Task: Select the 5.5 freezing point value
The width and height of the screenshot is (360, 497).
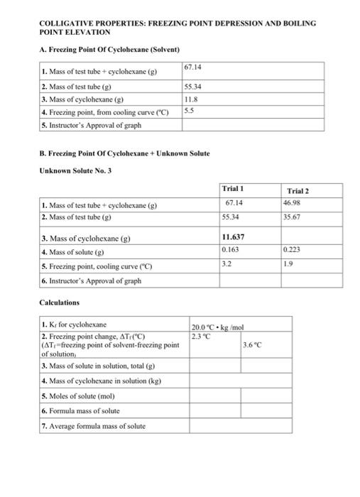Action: point(188,111)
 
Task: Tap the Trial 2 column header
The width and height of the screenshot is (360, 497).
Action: point(298,190)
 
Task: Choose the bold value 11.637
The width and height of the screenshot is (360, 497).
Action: point(234,237)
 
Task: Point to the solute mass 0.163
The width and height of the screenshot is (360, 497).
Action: point(230,250)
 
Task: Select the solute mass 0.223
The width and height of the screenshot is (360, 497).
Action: point(291,250)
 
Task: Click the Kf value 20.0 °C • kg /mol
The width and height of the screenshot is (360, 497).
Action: point(218,327)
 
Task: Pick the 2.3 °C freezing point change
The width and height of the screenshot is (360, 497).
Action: point(201,336)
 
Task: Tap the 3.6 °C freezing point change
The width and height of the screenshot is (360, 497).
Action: point(252,345)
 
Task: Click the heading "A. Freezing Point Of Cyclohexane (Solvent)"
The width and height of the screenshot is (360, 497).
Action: point(109,49)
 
